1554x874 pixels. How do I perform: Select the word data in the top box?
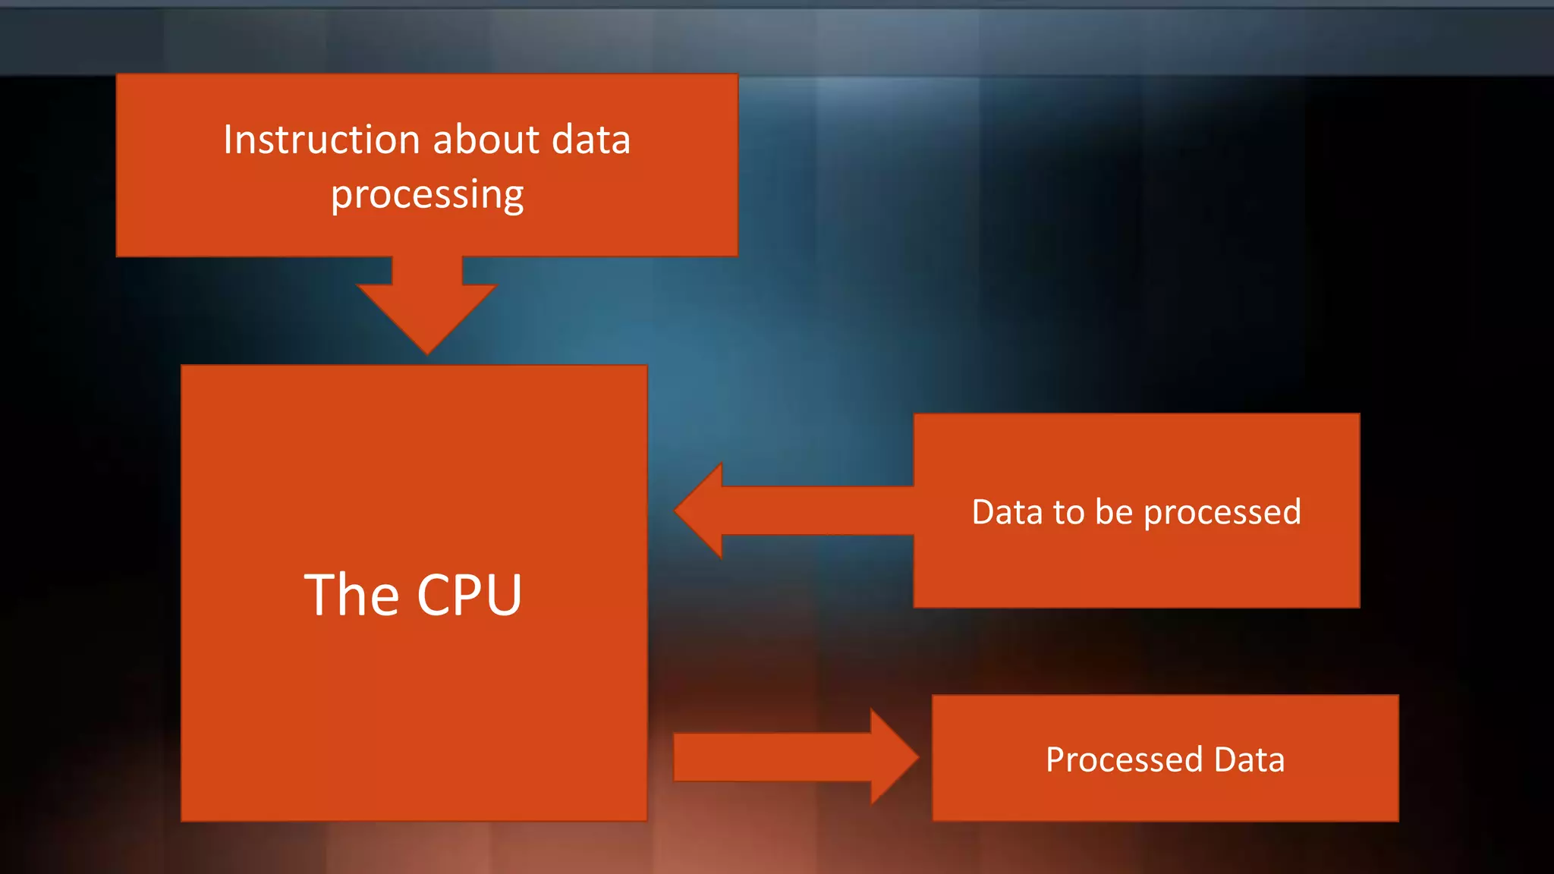click(x=591, y=140)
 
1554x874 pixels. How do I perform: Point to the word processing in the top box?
click(x=427, y=196)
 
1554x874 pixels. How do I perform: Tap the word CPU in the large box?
click(x=469, y=595)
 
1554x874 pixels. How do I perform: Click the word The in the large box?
click(x=351, y=595)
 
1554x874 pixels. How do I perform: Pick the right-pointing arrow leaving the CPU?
click(x=789, y=757)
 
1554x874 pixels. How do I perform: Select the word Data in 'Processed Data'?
click(x=1249, y=760)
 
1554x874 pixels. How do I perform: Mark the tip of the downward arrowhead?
click(x=427, y=353)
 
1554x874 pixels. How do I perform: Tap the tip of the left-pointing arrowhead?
click(x=676, y=511)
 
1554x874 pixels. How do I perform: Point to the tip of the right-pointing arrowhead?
click(x=917, y=757)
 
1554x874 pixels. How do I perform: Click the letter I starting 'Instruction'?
click(x=228, y=140)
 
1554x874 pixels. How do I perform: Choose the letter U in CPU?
click(x=502, y=596)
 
